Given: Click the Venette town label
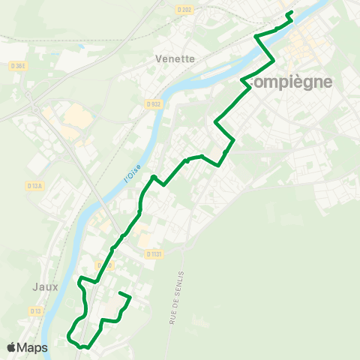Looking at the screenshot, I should [x=174, y=58].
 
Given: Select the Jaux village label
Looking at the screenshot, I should [x=45, y=286].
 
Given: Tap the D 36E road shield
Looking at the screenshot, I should [x=19, y=66].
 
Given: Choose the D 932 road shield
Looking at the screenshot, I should [x=154, y=103].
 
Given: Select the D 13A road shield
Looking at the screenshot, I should [x=34, y=186].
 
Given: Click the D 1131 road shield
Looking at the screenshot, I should [x=154, y=254].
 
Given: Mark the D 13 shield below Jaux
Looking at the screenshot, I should [x=34, y=310].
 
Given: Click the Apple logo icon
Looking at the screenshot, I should [x=12, y=347].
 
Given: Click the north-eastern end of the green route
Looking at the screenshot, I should [x=289, y=12].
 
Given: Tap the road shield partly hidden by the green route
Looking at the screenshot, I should [x=105, y=265].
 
